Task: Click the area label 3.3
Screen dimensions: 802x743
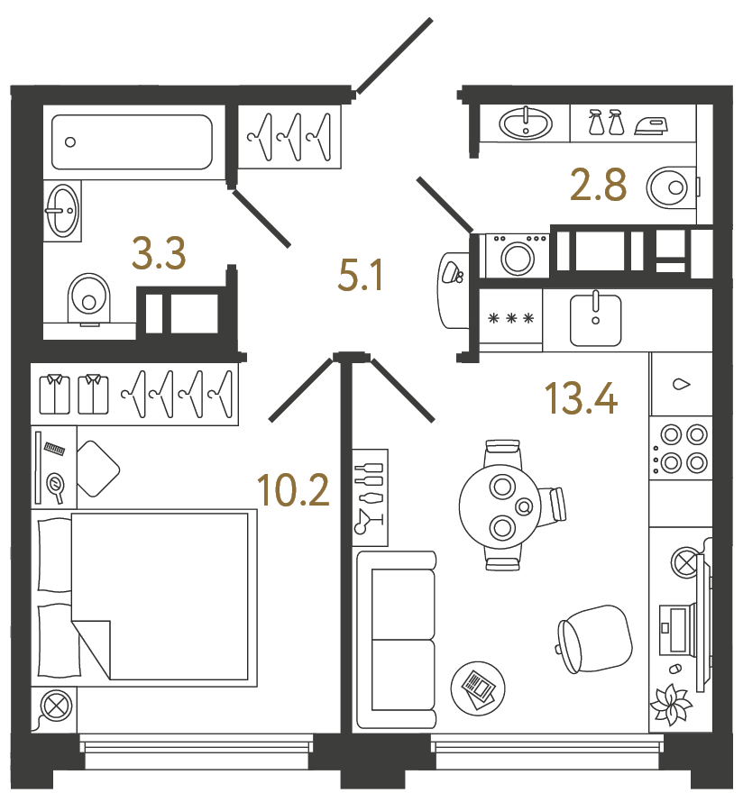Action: click(x=159, y=254)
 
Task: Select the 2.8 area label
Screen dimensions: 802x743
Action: click(x=598, y=187)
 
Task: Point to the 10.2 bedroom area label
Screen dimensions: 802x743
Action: click(x=292, y=490)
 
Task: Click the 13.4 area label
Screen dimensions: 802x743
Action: click(x=581, y=397)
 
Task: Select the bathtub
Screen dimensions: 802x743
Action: click(x=132, y=141)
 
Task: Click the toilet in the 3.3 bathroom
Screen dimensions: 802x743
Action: click(x=87, y=297)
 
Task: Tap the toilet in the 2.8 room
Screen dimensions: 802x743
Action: click(x=672, y=187)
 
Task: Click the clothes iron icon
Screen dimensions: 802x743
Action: click(x=651, y=124)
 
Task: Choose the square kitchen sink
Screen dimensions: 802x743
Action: click(x=595, y=319)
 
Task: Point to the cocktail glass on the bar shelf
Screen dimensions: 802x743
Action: click(x=369, y=521)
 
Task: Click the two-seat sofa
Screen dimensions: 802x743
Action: click(x=396, y=640)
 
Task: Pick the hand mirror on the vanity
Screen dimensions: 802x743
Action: click(x=56, y=486)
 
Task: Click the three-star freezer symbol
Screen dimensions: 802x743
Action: click(x=511, y=318)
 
